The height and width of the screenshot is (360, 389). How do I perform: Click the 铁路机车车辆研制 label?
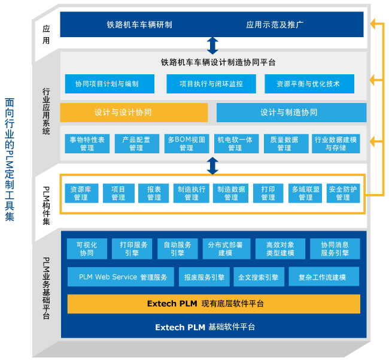pos(139,25)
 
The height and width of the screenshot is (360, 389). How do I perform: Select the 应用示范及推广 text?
pos(275,25)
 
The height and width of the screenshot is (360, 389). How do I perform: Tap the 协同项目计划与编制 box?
pos(110,84)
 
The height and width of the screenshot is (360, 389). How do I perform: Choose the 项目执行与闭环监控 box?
pos(211,84)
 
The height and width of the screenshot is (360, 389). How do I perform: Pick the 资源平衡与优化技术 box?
pos(308,84)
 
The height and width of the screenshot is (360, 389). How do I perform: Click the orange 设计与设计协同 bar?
pos(134,113)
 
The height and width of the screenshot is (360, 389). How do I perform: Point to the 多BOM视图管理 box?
pos(186,144)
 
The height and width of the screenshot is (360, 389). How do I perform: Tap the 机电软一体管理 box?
pos(235,144)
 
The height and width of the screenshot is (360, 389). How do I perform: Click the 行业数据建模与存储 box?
pos(335,144)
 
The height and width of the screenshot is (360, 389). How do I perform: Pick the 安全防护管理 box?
pos(343,193)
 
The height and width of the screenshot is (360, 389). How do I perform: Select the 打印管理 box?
pos(268,193)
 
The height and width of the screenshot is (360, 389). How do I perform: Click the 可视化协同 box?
pos(87,249)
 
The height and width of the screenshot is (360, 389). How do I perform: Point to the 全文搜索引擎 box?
pos(258,277)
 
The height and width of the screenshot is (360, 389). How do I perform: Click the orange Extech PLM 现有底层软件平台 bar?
pos(214,304)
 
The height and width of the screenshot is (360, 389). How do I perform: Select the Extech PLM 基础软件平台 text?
pos(205,327)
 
